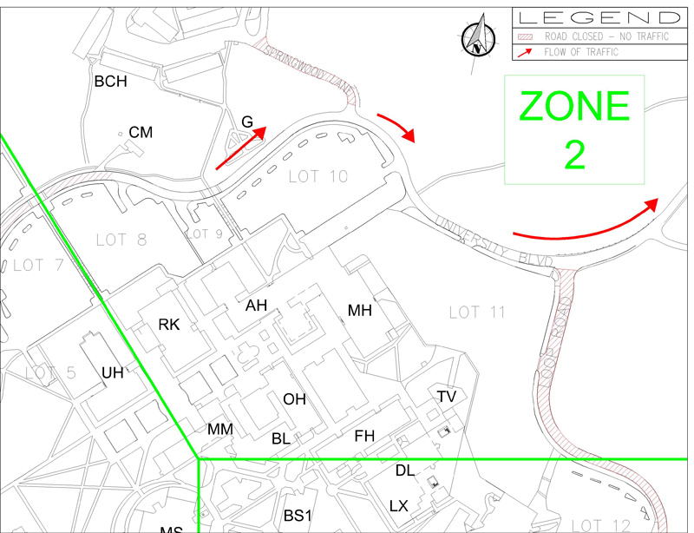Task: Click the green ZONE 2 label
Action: click(x=573, y=129)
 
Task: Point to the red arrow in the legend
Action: click(x=526, y=51)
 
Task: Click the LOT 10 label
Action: click(x=318, y=177)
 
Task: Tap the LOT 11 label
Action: click(x=478, y=313)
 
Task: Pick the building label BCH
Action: click(x=110, y=82)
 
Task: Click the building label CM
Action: click(x=141, y=132)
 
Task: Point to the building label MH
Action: click(x=359, y=311)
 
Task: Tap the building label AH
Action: click(x=256, y=305)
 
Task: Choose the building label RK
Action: click(x=168, y=325)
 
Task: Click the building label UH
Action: click(x=113, y=373)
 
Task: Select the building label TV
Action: click(x=447, y=397)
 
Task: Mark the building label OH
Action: click(x=295, y=399)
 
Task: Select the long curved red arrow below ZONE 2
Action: click(x=586, y=223)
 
